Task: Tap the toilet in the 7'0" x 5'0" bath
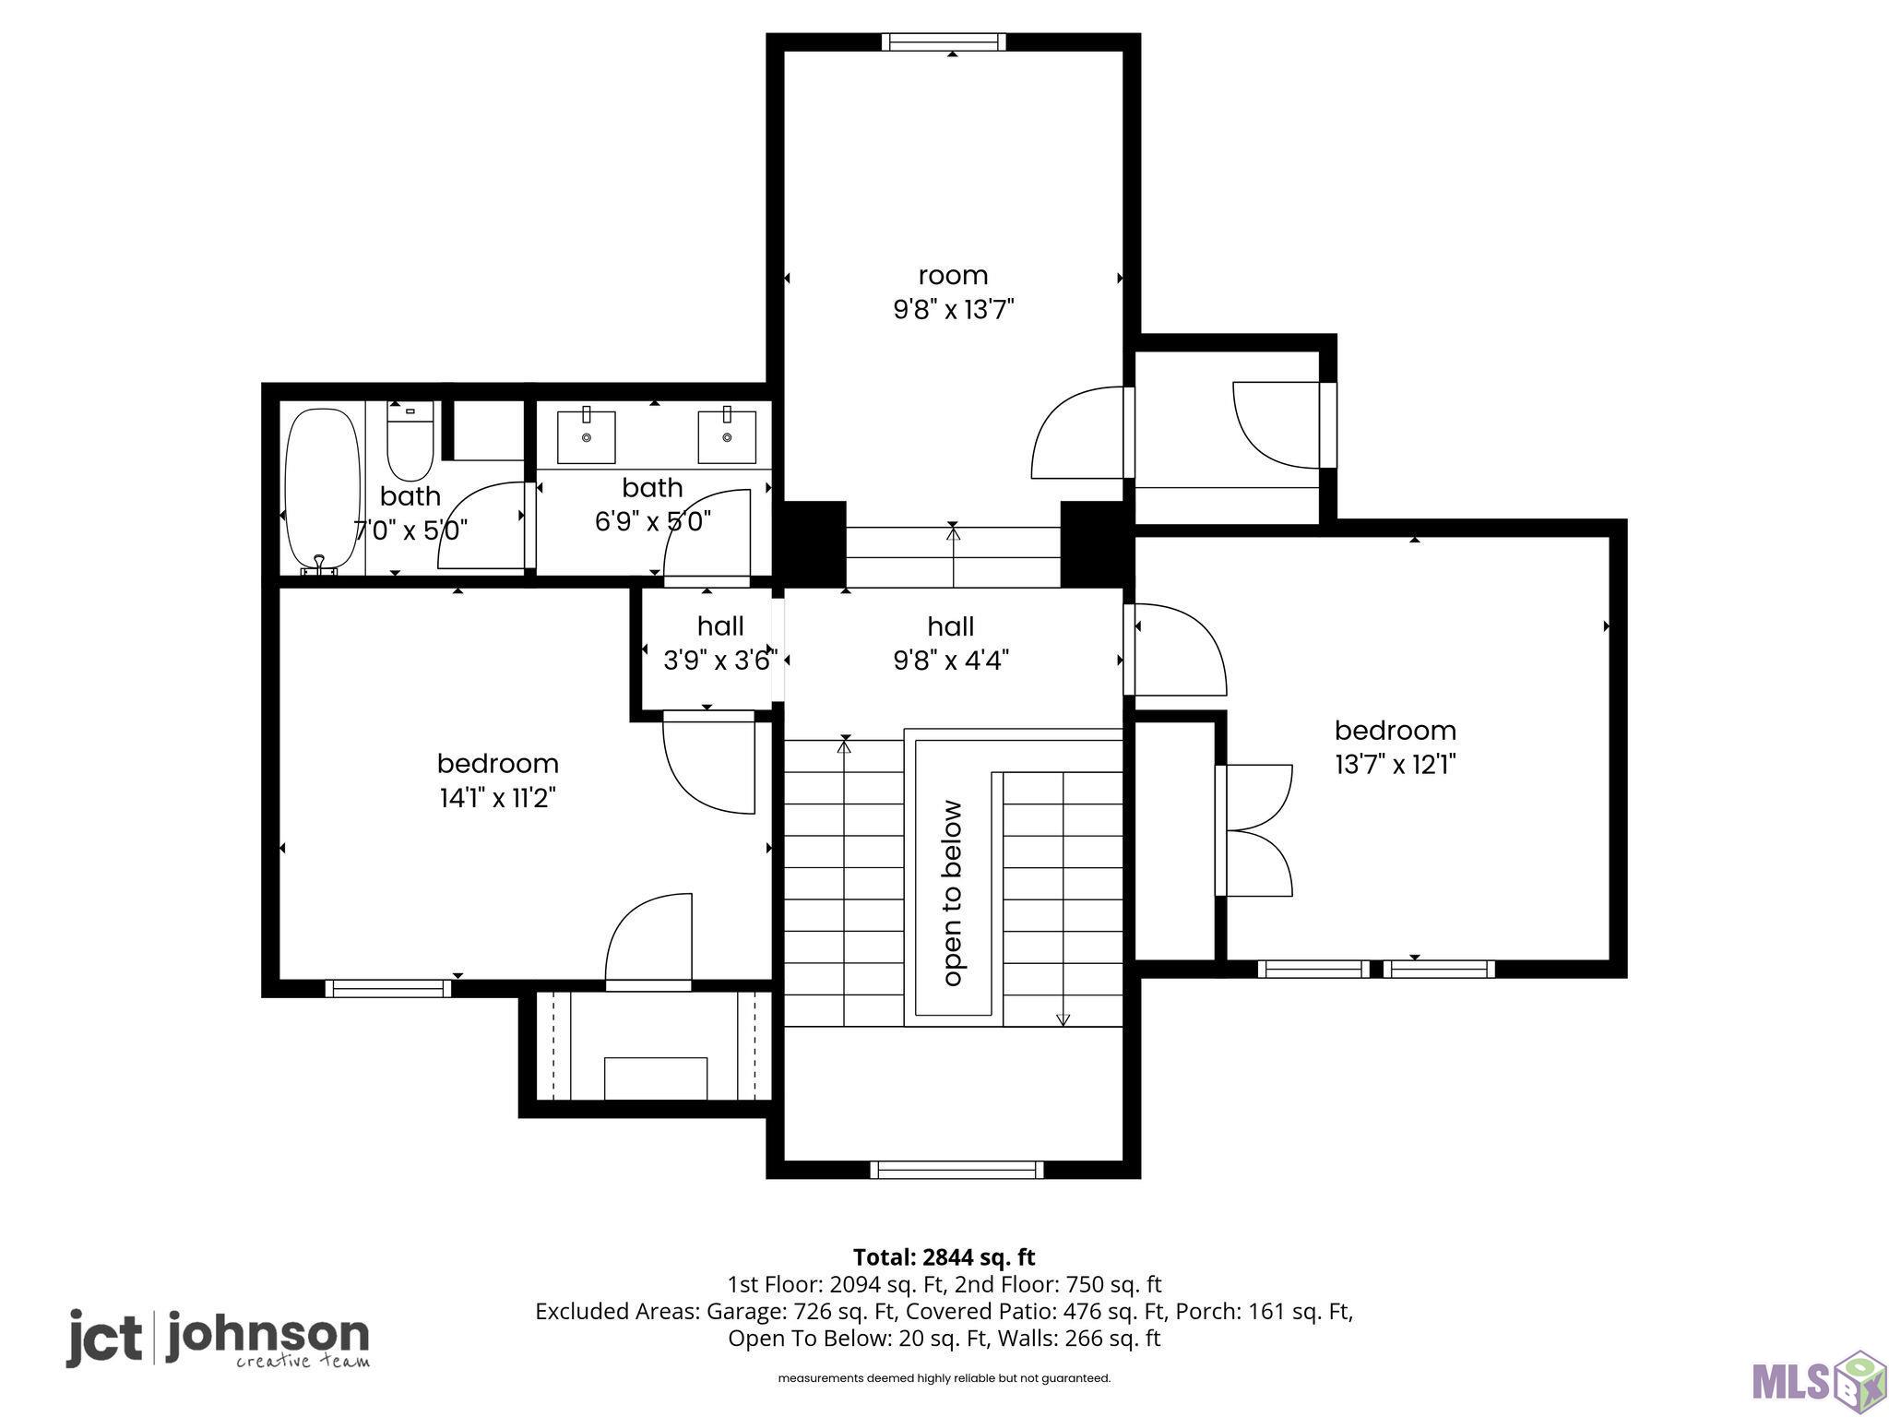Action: (x=410, y=441)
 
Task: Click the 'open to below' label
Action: (x=953, y=893)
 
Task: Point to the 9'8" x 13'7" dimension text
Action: (x=954, y=309)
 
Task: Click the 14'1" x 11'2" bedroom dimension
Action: (x=498, y=797)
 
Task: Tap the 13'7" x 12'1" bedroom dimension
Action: (x=1396, y=764)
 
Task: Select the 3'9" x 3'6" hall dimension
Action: (x=720, y=660)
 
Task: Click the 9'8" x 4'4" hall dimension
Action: (x=952, y=660)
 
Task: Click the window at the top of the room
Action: (x=944, y=42)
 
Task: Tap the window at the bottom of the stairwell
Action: (x=956, y=1170)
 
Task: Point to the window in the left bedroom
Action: (x=388, y=988)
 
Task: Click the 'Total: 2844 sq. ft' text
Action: (x=944, y=1257)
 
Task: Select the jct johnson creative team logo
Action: (x=218, y=1339)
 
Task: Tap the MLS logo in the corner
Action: (x=1816, y=1379)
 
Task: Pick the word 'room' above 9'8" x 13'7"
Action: (x=953, y=275)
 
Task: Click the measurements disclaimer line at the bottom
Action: (x=944, y=1378)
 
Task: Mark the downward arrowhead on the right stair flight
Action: (x=1063, y=1019)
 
